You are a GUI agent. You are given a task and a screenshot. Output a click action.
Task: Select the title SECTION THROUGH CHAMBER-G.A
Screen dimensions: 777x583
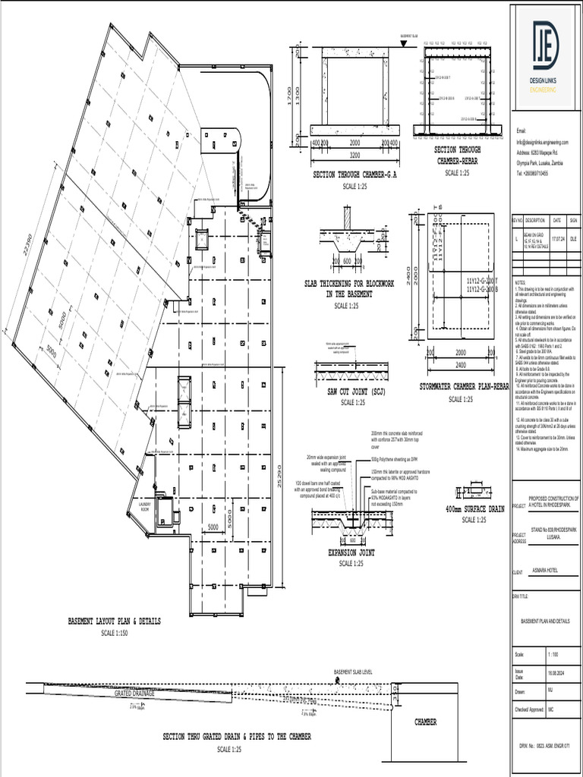tap(355, 175)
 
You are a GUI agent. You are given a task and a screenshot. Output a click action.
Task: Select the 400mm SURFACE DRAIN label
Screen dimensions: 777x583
tap(474, 510)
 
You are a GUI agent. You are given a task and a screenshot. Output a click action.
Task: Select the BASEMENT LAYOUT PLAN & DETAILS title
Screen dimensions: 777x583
tap(114, 621)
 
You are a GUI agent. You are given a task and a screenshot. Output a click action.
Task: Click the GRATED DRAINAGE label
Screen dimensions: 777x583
tap(134, 693)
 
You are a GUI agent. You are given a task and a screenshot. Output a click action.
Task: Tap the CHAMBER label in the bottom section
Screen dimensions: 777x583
tap(425, 722)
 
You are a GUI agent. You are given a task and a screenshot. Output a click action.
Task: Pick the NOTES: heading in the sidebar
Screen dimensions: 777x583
tap(520, 282)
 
